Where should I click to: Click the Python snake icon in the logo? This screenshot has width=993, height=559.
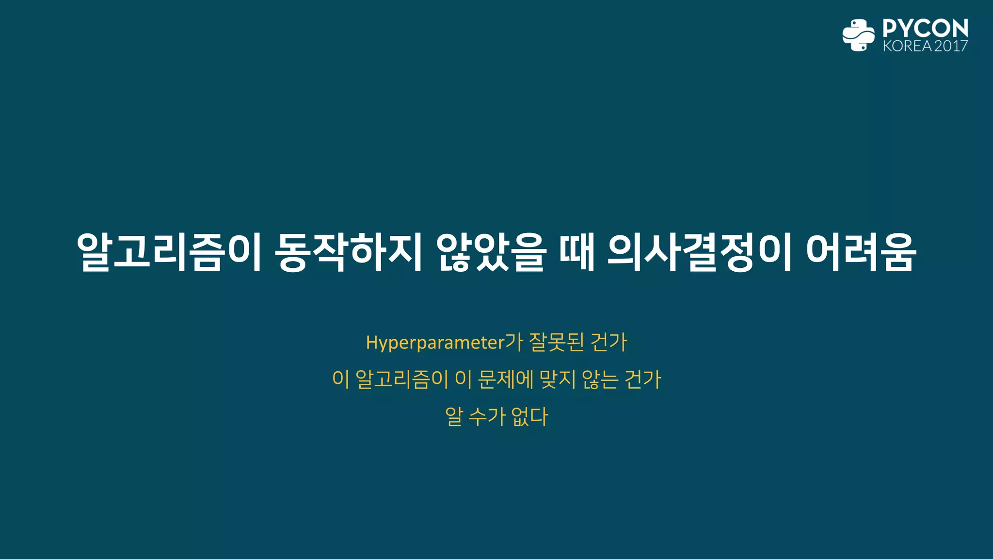858,35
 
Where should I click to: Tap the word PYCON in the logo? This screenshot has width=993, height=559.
925,29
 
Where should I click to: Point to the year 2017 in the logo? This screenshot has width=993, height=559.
951,46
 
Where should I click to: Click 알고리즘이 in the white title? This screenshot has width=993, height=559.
169,252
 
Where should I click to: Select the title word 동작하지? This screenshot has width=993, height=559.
348,252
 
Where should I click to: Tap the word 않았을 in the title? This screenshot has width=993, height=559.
491,252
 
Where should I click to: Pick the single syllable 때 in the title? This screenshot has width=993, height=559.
577,252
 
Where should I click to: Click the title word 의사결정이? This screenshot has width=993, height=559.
700,252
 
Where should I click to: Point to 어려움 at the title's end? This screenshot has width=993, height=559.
861,252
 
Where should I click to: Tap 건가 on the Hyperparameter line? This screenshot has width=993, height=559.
609,343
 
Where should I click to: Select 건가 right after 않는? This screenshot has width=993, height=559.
643,379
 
